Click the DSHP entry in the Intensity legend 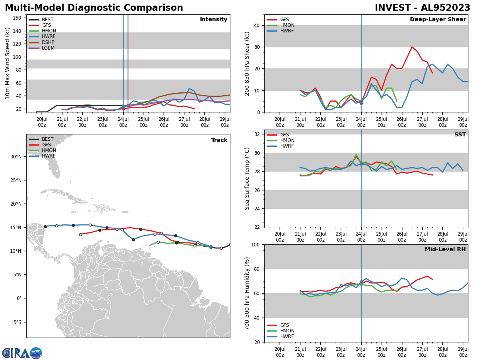click(48, 42)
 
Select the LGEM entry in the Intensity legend click(48, 48)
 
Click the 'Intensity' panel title click(214, 20)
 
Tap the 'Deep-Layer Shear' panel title click(438, 20)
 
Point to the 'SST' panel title click(460, 135)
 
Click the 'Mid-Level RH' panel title click(445, 250)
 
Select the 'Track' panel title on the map click(219, 140)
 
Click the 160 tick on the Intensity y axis click(17, 18)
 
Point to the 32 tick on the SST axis click(257, 134)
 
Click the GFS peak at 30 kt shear click(412, 47)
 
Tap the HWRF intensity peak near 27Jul click(189, 88)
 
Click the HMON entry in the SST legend click(287, 140)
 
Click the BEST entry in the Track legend click(47, 139)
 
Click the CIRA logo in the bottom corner click(22, 353)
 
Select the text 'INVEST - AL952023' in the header click(422, 8)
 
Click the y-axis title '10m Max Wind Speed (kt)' click(8, 63)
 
